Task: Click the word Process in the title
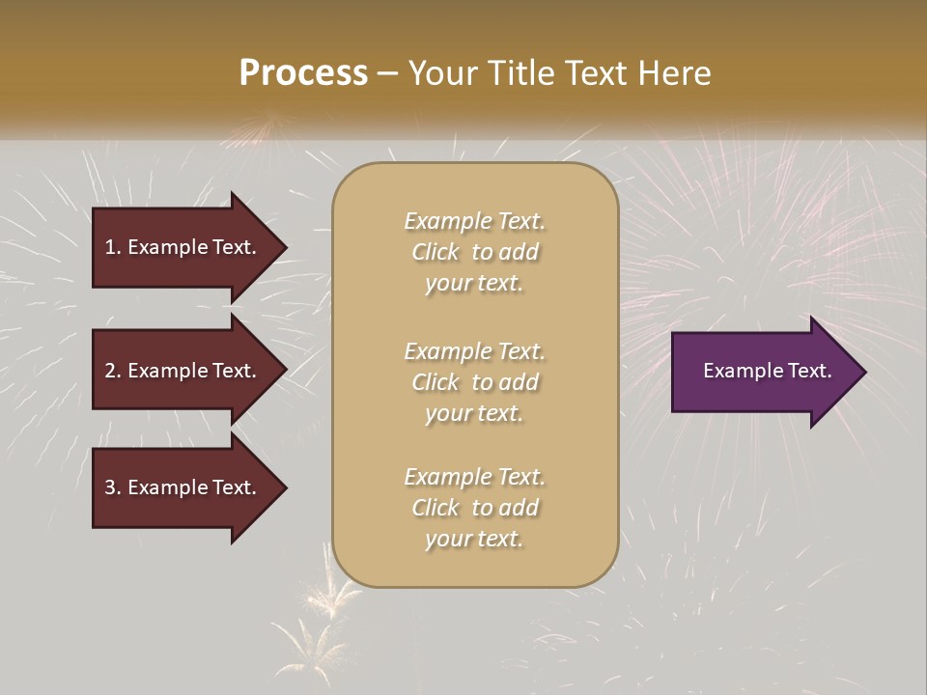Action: pyautogui.click(x=303, y=73)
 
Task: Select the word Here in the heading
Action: pyautogui.click(x=675, y=73)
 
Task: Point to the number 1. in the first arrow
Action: pyautogui.click(x=112, y=247)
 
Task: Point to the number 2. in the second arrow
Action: pyautogui.click(x=112, y=371)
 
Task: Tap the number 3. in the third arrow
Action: pyautogui.click(x=112, y=487)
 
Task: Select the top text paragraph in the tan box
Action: pyautogui.click(x=474, y=252)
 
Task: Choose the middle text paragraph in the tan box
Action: pyautogui.click(x=474, y=381)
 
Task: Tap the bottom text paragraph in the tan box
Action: pyautogui.click(x=474, y=508)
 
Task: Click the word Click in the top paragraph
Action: pyautogui.click(x=435, y=252)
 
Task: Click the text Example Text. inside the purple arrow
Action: pyautogui.click(x=768, y=371)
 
